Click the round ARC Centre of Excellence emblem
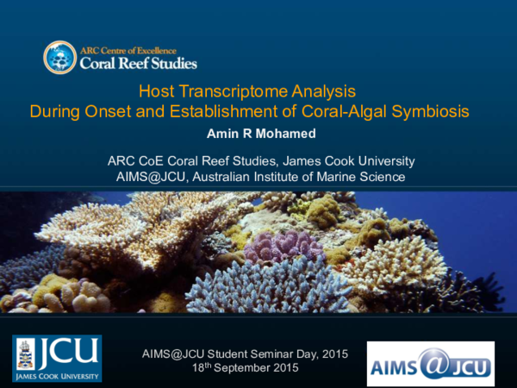(60, 57)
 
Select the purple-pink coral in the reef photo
(274, 247)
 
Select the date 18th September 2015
(246, 367)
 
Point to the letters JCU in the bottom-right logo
(466, 366)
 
